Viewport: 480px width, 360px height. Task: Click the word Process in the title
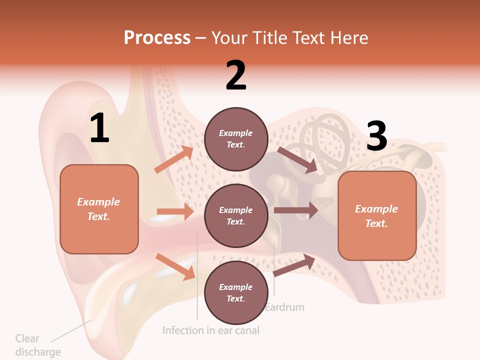tap(157, 38)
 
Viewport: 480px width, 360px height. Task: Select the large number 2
tap(236, 75)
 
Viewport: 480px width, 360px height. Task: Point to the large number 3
tap(376, 136)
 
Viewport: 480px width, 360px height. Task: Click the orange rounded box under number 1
tap(99, 209)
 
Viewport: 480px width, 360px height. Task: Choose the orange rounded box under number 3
tap(377, 216)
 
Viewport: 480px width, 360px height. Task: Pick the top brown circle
tap(236, 139)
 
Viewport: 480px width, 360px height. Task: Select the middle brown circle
tap(236, 215)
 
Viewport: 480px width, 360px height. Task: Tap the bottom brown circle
tap(236, 292)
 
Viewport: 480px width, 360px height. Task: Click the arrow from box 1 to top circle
tap(174, 159)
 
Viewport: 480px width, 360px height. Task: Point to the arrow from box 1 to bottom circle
tap(175, 266)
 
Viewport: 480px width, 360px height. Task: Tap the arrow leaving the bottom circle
tap(294, 265)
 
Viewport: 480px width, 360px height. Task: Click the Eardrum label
tap(284, 306)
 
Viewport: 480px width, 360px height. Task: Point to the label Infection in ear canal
tap(211, 330)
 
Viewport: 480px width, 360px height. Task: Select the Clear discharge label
tap(37, 345)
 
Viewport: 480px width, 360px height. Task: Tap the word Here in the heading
tap(348, 38)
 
